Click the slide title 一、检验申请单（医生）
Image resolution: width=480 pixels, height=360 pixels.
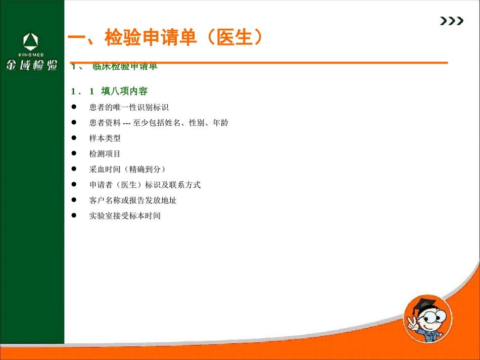pyautogui.click(x=165, y=38)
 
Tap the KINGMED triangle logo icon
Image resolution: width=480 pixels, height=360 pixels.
pyautogui.click(x=31, y=41)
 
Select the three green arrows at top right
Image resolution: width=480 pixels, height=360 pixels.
pyautogui.click(x=451, y=21)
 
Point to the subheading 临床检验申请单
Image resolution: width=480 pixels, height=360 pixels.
pyautogui.click(x=125, y=67)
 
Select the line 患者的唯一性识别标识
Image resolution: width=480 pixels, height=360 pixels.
pyautogui.click(x=128, y=108)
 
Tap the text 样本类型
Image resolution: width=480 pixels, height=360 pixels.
pyautogui.click(x=105, y=138)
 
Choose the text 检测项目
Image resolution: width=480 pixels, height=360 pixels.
pyautogui.click(x=105, y=153)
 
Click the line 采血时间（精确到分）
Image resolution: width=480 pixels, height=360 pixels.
pyautogui.click(x=128, y=169)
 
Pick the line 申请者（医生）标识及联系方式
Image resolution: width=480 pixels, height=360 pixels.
pyautogui.click(x=145, y=185)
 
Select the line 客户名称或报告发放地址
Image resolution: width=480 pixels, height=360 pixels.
pyautogui.click(x=133, y=200)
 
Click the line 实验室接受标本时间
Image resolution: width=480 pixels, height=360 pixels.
pyautogui.click(x=125, y=216)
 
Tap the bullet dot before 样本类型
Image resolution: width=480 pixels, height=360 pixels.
pyautogui.click(x=73, y=138)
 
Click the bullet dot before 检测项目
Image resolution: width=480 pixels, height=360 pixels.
pyautogui.click(x=73, y=153)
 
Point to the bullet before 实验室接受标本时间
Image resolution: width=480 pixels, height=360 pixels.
pyautogui.click(x=73, y=216)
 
